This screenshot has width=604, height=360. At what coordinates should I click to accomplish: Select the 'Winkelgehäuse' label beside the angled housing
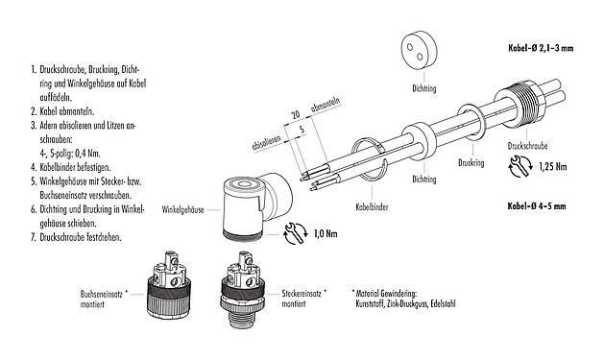coord(186,207)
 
